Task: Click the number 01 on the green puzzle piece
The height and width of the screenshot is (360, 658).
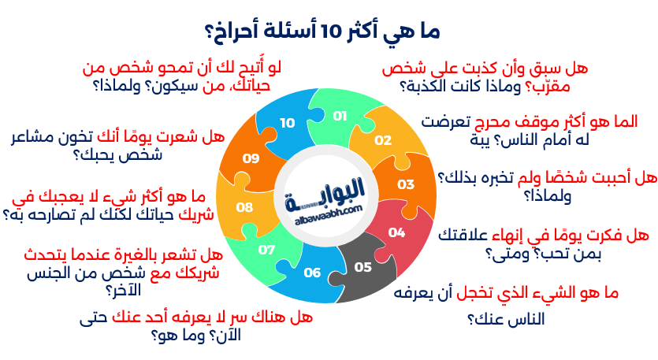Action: pos(340,116)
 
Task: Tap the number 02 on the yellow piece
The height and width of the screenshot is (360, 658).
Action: pos(383,140)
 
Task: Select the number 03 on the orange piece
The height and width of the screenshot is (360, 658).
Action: pos(406,184)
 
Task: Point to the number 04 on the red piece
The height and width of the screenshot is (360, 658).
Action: pos(396,232)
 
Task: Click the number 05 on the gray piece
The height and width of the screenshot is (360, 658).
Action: pos(363,267)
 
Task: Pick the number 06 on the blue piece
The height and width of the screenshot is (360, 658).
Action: pos(312,273)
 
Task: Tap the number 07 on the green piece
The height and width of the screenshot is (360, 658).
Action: pos(266,250)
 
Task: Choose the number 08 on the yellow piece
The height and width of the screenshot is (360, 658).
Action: pos(244,207)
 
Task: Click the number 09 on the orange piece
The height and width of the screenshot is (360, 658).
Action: pos(251,158)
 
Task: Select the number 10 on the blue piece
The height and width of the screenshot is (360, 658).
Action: pos(288,123)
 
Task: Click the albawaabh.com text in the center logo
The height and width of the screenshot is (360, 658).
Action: pos(328,214)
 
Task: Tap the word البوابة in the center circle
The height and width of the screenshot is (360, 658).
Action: pos(325,194)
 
